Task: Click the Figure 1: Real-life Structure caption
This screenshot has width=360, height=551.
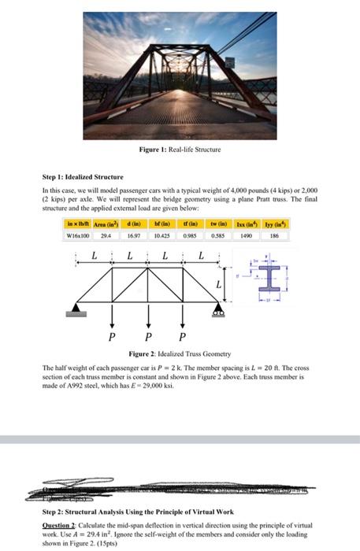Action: [180, 149]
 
